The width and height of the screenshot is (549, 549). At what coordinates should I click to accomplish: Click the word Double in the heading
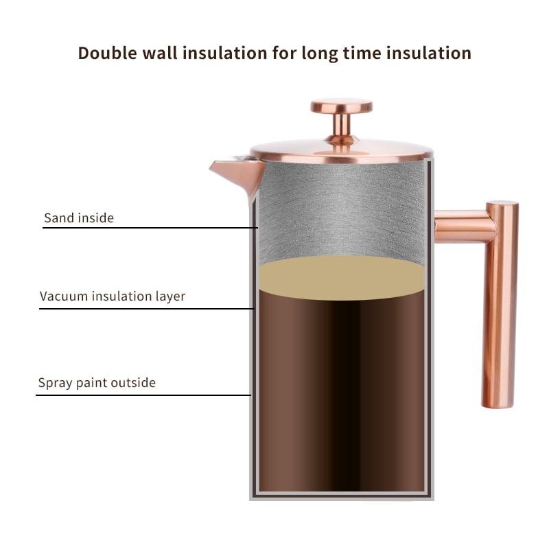pos(108,53)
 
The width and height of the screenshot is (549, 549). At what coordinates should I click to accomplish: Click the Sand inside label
pos(79,218)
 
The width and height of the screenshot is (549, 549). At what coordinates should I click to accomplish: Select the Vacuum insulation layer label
pos(113,296)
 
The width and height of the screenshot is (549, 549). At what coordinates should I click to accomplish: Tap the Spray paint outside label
pos(97,383)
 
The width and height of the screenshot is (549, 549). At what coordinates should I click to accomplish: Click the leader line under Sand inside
pos(150,228)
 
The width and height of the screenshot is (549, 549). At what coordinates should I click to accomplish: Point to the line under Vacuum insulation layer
pos(146,309)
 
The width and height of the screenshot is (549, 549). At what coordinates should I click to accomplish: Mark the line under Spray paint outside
pos(143,395)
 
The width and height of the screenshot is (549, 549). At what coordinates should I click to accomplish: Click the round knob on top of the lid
pos(341,106)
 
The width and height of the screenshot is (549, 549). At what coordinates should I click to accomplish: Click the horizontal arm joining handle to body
pos(465,226)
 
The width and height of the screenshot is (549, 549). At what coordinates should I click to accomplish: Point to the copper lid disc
pos(341,151)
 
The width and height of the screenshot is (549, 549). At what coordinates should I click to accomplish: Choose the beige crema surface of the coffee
pos(342,278)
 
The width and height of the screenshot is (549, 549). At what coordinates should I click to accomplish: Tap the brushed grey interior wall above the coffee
pos(341,210)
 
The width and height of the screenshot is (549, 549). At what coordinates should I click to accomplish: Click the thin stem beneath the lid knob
pos(341,126)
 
